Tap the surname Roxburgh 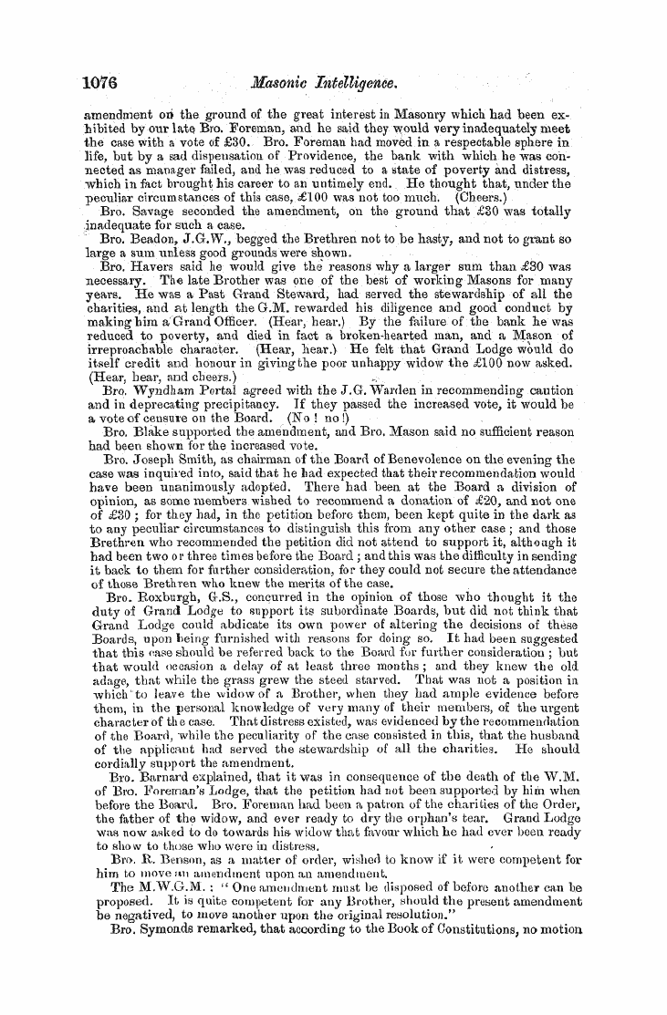pyautogui.click(x=152, y=596)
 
